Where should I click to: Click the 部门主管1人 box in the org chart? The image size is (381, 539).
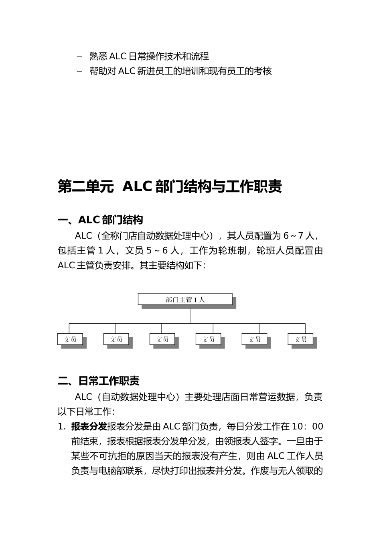[185, 300]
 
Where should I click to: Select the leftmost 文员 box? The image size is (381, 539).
[70, 339]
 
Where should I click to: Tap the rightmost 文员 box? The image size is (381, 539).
[300, 339]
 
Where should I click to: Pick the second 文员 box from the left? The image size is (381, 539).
[116, 339]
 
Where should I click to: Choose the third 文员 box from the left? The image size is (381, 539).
[162, 339]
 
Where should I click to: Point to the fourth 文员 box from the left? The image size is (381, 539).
[209, 339]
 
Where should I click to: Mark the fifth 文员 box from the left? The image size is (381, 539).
[255, 339]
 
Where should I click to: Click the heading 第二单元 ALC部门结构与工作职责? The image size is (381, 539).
[170, 187]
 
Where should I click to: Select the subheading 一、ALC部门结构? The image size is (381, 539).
[100, 220]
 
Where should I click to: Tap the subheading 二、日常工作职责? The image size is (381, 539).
[99, 381]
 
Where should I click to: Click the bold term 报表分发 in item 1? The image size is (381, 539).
[89, 426]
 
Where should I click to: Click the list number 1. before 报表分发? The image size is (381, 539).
[62, 427]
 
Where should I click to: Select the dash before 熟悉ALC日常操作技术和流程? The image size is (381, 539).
[79, 57]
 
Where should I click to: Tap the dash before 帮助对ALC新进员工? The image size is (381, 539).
[79, 71]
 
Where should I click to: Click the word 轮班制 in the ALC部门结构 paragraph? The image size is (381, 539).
[232, 251]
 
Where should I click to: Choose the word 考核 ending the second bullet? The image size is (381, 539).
[263, 71]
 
